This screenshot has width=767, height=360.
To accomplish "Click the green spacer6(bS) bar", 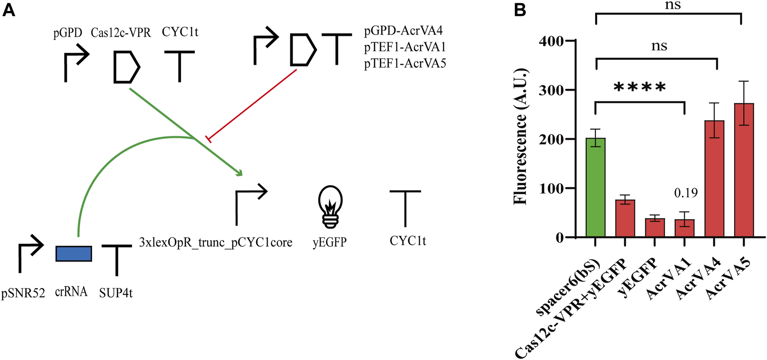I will click(x=595, y=187).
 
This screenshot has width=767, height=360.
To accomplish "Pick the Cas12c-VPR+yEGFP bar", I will click(x=625, y=219).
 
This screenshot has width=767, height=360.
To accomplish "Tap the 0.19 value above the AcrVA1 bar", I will click(x=685, y=193).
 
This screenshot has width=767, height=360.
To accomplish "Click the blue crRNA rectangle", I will click(x=74, y=254).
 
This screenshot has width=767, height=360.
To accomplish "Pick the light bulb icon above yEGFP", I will click(x=330, y=206).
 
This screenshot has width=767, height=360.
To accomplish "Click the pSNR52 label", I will click(x=23, y=293).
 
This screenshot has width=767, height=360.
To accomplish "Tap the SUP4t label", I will click(x=116, y=293).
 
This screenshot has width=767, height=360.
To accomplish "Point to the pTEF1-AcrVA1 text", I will click(x=405, y=47).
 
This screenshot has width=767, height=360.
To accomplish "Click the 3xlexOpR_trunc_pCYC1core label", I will click(x=215, y=242).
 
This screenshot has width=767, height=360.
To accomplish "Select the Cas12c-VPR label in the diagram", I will click(x=121, y=33).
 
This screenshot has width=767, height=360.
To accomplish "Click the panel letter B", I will click(x=520, y=10).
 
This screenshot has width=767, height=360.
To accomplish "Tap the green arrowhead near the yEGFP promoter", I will click(x=239, y=173).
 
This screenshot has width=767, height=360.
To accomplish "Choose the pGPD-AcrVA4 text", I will click(x=403, y=31).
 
